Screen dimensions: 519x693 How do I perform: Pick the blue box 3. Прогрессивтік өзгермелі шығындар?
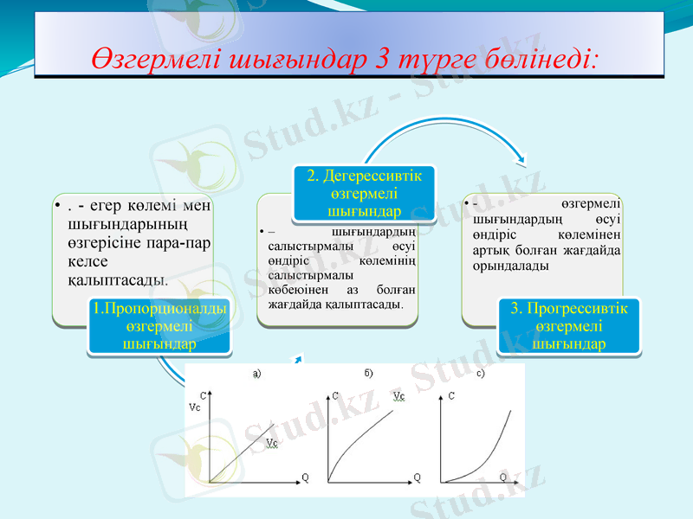click(568, 325)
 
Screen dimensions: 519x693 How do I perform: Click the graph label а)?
click(256, 374)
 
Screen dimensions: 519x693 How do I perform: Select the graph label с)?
click(481, 374)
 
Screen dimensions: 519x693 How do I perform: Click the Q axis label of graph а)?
click(305, 477)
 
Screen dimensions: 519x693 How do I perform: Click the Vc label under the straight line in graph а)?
click(272, 443)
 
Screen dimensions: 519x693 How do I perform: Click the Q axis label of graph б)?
click(418, 477)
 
